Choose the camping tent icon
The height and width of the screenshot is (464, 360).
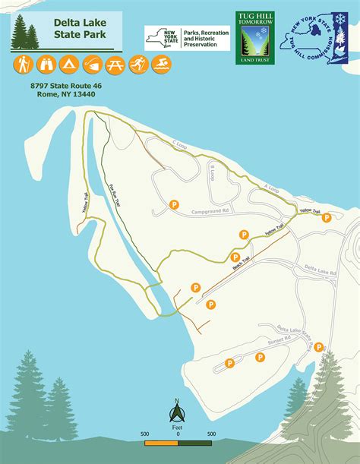point(68,64)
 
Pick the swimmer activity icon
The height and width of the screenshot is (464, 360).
point(160,64)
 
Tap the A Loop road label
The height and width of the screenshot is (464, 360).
point(272,187)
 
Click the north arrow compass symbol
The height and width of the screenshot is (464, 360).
point(176,412)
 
